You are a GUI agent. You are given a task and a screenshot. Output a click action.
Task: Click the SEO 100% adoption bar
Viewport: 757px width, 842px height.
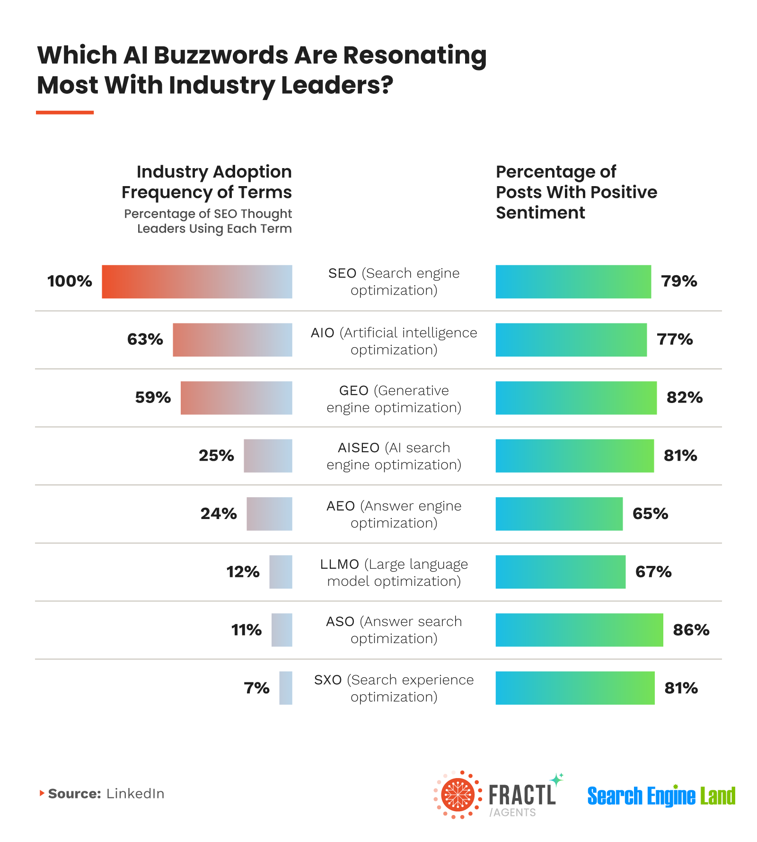coord(197,282)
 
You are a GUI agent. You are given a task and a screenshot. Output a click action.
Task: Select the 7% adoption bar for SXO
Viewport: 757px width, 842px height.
coord(285,688)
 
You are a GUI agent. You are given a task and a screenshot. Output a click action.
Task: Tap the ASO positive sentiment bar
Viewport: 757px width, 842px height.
coord(579,630)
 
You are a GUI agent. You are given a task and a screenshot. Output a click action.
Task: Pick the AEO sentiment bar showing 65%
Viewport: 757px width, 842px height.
coord(559,514)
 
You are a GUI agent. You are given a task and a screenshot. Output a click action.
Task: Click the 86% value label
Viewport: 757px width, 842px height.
coord(691,630)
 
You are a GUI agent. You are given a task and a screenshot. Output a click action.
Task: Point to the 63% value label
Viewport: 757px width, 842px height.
coord(145,340)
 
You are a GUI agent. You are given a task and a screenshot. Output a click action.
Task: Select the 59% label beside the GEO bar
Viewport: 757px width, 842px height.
coord(153,397)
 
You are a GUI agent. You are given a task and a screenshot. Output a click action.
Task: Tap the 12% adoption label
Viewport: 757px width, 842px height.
coord(243,572)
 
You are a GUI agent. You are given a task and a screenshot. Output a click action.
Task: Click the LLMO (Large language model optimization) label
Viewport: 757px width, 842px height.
coord(394,573)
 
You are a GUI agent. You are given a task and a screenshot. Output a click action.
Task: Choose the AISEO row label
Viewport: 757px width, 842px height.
coord(394,456)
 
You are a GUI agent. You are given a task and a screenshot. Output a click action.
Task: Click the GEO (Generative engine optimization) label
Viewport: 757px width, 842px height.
coord(394,399)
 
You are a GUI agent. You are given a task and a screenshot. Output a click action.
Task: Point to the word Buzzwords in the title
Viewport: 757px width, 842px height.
coord(221,55)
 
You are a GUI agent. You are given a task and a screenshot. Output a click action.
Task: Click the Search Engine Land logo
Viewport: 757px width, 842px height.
coord(661,796)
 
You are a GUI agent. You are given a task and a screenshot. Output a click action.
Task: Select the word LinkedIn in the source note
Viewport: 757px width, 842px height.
coord(135,794)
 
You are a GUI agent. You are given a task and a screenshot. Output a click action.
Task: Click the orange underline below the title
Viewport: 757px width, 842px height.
coord(65,113)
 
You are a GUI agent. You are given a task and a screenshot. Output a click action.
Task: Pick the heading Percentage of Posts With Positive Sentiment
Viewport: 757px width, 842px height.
coord(576,192)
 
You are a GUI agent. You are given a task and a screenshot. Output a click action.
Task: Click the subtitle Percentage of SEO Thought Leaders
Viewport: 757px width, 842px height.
coord(208,221)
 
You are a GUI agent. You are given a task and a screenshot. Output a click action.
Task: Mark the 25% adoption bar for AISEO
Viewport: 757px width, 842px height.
coord(268,456)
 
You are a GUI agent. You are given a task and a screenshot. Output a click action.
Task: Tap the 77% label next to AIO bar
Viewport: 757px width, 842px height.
coord(675,340)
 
